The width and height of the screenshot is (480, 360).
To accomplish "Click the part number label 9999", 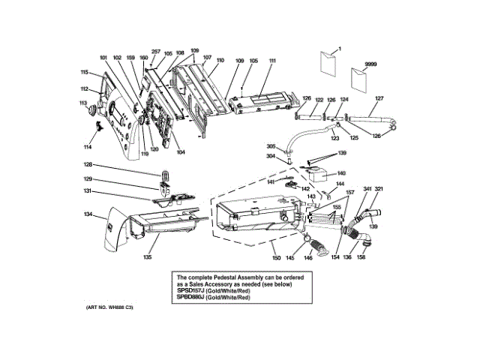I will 370,65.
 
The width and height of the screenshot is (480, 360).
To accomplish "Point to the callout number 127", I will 379,98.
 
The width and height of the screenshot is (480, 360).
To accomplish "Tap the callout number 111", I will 272,61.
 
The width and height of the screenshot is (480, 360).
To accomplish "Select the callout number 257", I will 156,52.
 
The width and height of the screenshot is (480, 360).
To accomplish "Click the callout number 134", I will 88,214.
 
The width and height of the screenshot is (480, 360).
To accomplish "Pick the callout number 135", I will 148,257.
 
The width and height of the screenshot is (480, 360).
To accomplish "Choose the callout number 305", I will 271,146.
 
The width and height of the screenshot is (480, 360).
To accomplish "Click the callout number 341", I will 367,189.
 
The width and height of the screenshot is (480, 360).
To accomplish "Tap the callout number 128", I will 88,165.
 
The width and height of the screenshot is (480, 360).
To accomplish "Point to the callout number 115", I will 85,72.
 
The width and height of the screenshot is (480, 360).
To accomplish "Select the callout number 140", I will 340,173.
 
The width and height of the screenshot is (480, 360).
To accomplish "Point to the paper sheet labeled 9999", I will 363,79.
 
